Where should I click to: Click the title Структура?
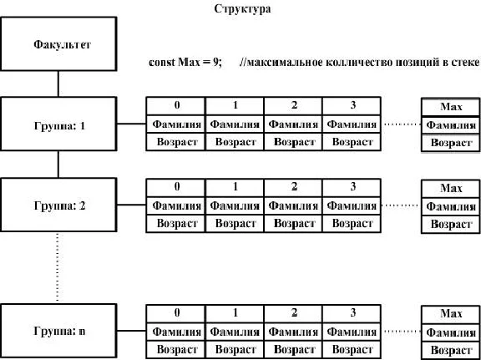(x=242, y=9)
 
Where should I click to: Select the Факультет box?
(x=58, y=44)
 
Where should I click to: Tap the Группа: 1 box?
(x=58, y=124)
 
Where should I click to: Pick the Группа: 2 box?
(x=58, y=205)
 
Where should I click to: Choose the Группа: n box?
(x=58, y=331)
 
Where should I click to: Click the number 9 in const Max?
(x=216, y=63)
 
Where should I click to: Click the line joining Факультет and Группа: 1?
(x=58, y=84)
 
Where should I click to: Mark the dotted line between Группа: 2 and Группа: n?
(x=58, y=267)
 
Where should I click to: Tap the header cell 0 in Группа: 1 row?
(x=175, y=106)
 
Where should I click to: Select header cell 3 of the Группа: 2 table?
(x=352, y=188)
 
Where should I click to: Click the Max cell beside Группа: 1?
(x=451, y=107)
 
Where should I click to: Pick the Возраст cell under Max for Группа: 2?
(x=451, y=225)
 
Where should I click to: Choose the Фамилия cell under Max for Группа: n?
(x=451, y=332)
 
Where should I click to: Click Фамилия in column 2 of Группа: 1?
(x=293, y=124)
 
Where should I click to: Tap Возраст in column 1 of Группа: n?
(x=235, y=350)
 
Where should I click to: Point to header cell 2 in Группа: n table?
(x=293, y=313)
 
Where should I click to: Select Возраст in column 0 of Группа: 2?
(x=175, y=223)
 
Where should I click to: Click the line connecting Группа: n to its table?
(x=131, y=331)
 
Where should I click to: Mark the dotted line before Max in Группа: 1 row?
(x=401, y=124)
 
